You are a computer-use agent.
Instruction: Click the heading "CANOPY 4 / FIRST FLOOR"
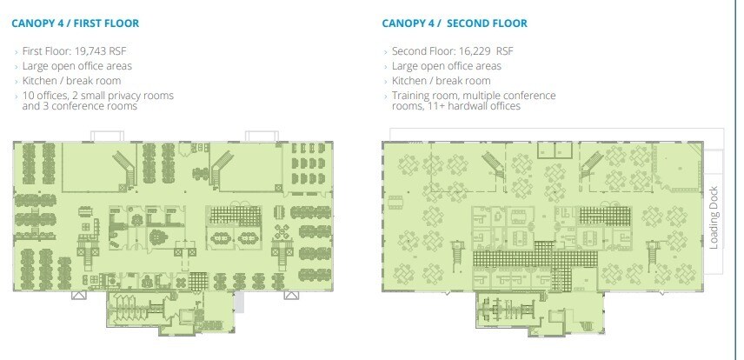(x=76, y=23)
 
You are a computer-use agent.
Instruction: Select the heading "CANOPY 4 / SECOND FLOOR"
(x=455, y=23)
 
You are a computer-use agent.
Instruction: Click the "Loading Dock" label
(x=714, y=218)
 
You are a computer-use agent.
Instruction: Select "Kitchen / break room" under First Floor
(x=71, y=81)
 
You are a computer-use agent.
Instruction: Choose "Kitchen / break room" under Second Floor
(x=442, y=81)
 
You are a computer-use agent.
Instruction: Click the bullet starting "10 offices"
(x=97, y=101)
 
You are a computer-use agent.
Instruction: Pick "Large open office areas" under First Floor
(x=76, y=66)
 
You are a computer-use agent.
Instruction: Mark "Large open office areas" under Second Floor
(x=447, y=66)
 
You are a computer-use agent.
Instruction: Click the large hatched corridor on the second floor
(x=535, y=259)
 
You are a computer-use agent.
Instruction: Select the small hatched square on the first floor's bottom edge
(x=198, y=281)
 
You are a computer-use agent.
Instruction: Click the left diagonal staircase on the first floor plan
(x=125, y=169)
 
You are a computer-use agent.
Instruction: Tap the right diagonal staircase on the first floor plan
(x=220, y=169)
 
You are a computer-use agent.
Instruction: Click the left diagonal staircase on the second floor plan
(x=494, y=165)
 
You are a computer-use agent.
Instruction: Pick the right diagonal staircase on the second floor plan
(x=592, y=165)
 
